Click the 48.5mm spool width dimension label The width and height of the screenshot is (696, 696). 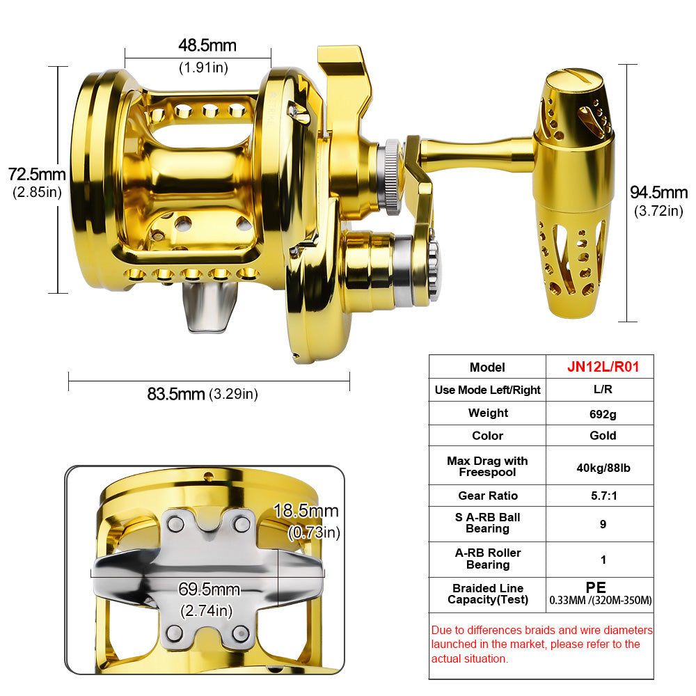click(207, 46)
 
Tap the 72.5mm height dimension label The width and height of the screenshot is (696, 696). click(37, 174)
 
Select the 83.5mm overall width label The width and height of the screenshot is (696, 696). click(177, 393)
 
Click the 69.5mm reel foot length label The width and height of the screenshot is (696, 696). click(209, 590)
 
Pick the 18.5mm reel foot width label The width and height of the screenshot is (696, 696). click(306, 511)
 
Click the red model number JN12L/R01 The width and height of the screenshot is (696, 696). click(603, 367)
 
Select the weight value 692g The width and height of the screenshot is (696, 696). click(603, 413)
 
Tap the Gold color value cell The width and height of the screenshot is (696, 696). click(603, 436)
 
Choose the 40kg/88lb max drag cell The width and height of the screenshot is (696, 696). click(603, 467)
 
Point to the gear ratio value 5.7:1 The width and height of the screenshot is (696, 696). click(603, 496)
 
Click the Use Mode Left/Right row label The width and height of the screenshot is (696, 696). click(487, 390)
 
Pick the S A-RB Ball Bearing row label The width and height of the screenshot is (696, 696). click(487, 523)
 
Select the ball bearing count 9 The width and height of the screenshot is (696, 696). click(603, 523)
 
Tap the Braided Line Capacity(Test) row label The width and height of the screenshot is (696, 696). click(487, 594)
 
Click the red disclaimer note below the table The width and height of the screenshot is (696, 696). click(541, 644)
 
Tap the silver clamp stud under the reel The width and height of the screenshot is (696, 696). click(209, 306)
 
